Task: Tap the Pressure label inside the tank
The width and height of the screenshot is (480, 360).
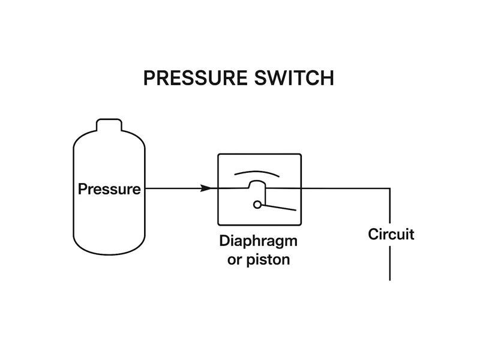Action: click(x=109, y=190)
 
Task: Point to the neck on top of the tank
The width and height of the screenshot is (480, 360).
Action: click(x=109, y=124)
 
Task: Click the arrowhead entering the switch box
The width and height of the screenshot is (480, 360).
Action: click(x=206, y=188)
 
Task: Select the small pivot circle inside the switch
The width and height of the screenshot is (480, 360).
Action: click(x=257, y=205)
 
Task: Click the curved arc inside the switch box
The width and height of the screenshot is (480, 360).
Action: click(x=257, y=172)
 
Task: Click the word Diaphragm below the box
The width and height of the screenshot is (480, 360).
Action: click(x=258, y=242)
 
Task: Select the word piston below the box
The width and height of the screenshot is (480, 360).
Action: click(x=268, y=260)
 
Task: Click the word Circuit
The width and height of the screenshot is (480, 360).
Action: click(x=391, y=234)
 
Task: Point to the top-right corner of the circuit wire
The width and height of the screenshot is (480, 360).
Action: click(x=390, y=188)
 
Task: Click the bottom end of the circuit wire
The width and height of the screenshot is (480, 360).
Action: click(x=390, y=279)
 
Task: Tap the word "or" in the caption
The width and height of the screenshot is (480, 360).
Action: click(x=235, y=260)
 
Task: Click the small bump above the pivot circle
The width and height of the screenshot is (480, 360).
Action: click(x=257, y=184)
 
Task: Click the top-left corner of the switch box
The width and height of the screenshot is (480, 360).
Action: click(x=218, y=155)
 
